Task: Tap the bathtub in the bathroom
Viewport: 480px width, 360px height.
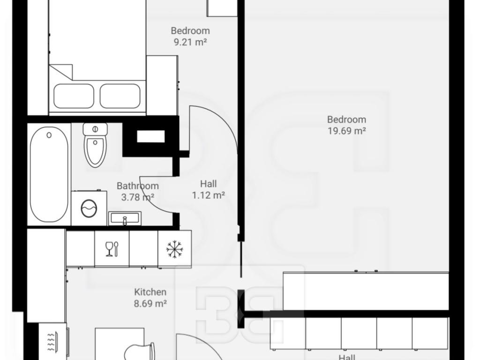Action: [49, 174]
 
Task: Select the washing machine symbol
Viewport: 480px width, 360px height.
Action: [89, 208]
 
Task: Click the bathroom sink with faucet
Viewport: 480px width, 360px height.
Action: [125, 218]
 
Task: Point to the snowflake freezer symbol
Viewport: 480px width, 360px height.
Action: [174, 249]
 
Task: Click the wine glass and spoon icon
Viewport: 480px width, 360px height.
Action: [112, 249]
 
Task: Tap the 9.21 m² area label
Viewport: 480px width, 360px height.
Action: [190, 42]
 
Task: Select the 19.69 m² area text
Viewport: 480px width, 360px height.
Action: [347, 131]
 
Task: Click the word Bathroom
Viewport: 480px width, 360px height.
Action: [138, 186]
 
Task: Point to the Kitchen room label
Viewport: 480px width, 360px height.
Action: [150, 292]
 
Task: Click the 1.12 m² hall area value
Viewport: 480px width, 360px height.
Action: [209, 195]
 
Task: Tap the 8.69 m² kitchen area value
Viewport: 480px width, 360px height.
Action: [150, 304]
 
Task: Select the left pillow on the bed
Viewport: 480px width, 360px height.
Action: [74, 96]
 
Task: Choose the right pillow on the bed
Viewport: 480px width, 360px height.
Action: [120, 96]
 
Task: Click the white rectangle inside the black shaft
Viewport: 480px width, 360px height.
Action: [150, 136]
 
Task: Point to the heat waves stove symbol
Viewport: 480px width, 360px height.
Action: [51, 342]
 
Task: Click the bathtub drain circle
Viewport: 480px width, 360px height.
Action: [49, 135]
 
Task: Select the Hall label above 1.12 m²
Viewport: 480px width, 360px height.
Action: [209, 184]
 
